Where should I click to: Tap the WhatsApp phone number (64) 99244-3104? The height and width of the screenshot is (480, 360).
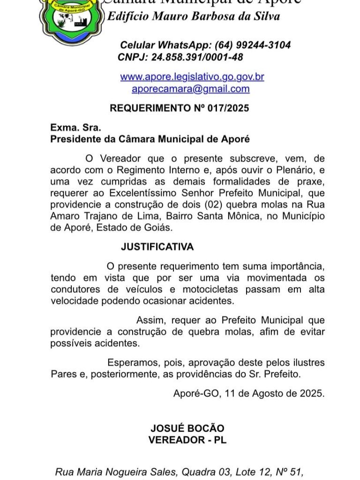253,45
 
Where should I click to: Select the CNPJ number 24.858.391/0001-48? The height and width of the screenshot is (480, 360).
197,57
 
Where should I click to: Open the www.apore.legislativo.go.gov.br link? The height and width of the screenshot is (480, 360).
192,76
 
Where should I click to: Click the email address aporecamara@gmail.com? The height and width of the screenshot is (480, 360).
190,89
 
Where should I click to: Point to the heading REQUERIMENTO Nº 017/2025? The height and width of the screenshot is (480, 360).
180,108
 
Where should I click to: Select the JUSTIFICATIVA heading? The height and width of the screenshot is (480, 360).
157,247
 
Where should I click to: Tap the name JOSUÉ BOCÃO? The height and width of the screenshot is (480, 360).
187,428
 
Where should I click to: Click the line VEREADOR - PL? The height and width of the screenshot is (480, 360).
187,440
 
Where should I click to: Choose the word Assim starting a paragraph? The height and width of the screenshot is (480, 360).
150,320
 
